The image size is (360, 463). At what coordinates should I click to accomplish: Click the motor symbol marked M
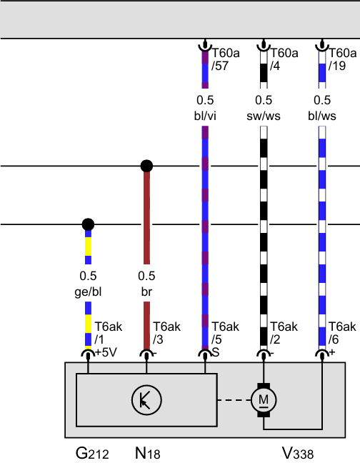[x=264, y=400]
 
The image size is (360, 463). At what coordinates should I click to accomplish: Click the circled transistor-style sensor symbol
[x=146, y=400]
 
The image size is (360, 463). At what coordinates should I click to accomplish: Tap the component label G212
[x=92, y=453]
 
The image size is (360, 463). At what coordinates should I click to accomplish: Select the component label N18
[x=148, y=453]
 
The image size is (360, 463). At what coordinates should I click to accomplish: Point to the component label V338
[x=298, y=453]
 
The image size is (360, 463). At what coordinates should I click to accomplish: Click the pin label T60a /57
[x=226, y=59]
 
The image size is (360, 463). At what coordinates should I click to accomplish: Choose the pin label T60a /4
[x=284, y=59]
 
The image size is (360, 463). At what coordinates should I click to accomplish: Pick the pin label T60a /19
[x=343, y=59]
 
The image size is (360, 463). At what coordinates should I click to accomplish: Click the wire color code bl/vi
[x=205, y=116]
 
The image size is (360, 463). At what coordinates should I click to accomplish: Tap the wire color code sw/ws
[x=264, y=116]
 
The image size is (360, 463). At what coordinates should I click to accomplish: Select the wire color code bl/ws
[x=322, y=116]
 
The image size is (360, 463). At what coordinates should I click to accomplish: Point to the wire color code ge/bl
[x=88, y=292]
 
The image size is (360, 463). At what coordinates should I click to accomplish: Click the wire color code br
[x=146, y=292]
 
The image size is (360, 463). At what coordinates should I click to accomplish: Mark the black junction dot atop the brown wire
[x=146, y=166]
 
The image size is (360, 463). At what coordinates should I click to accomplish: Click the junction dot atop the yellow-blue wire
[x=88, y=224]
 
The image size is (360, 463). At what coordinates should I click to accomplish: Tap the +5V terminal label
[x=106, y=352]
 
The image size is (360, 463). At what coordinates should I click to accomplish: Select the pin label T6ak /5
[x=226, y=333]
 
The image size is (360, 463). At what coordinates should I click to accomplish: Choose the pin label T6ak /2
[x=284, y=333]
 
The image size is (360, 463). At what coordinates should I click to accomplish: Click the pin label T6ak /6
[x=342, y=333]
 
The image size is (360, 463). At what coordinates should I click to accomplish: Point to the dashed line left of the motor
[x=234, y=400]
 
